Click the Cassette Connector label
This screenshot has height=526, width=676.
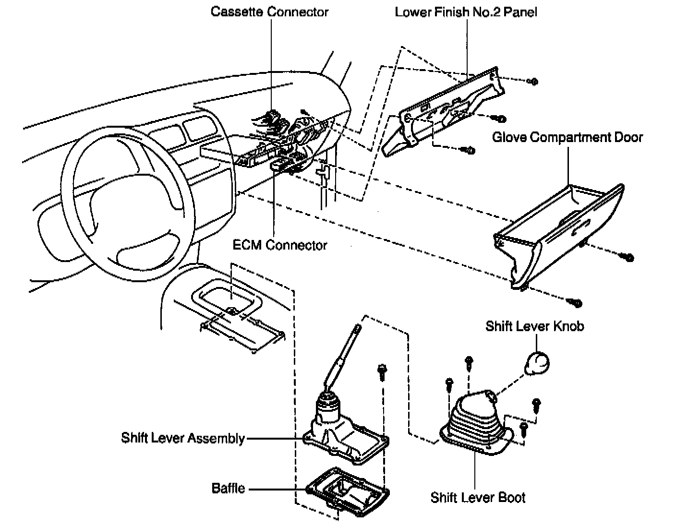point(269,12)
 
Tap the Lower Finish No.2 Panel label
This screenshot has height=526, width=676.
point(466,12)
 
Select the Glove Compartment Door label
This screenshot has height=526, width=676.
point(567,138)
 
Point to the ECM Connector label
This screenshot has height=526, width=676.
point(280,245)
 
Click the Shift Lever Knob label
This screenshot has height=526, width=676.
point(535,326)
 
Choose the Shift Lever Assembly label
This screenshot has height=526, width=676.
point(183,438)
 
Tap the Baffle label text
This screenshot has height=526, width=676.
point(229,489)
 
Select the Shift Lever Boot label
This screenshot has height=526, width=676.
point(478,497)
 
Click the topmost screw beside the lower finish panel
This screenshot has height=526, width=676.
point(533,82)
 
